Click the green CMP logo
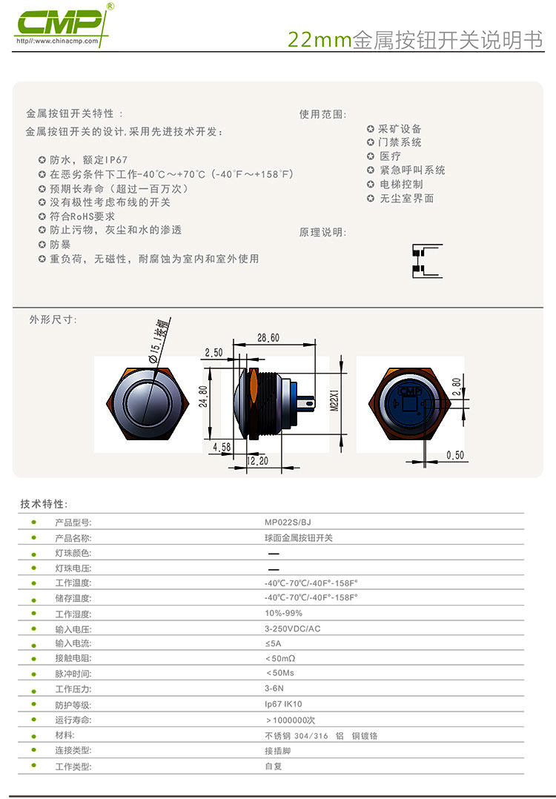60,22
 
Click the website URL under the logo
57,41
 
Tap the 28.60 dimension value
268,338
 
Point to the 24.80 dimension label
203,396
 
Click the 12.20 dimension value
257,461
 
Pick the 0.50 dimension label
455,455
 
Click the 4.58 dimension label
222,447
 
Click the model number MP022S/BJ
288,523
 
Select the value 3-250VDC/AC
293,629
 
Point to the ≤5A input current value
273,643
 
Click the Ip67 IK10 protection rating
283,703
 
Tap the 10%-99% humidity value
283,613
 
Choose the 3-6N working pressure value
274,689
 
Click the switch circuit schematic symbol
427,261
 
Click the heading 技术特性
43,504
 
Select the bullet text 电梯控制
401,184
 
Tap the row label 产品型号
73,523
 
